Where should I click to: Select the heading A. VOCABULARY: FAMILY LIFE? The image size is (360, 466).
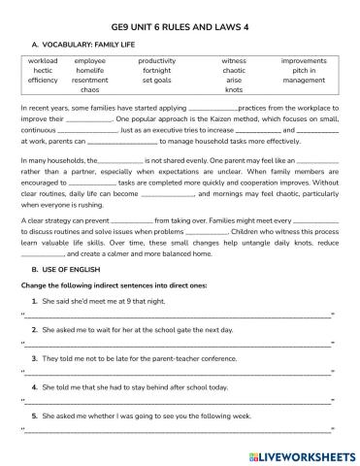89,43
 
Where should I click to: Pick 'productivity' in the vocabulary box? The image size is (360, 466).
156,60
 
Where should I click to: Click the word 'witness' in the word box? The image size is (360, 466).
234,60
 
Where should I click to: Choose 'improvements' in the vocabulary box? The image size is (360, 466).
304,60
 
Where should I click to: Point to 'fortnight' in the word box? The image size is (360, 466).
156,70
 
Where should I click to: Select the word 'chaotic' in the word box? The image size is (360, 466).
234,70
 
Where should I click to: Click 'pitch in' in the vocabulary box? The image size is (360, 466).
304,70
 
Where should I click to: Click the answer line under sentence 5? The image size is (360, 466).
180,427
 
